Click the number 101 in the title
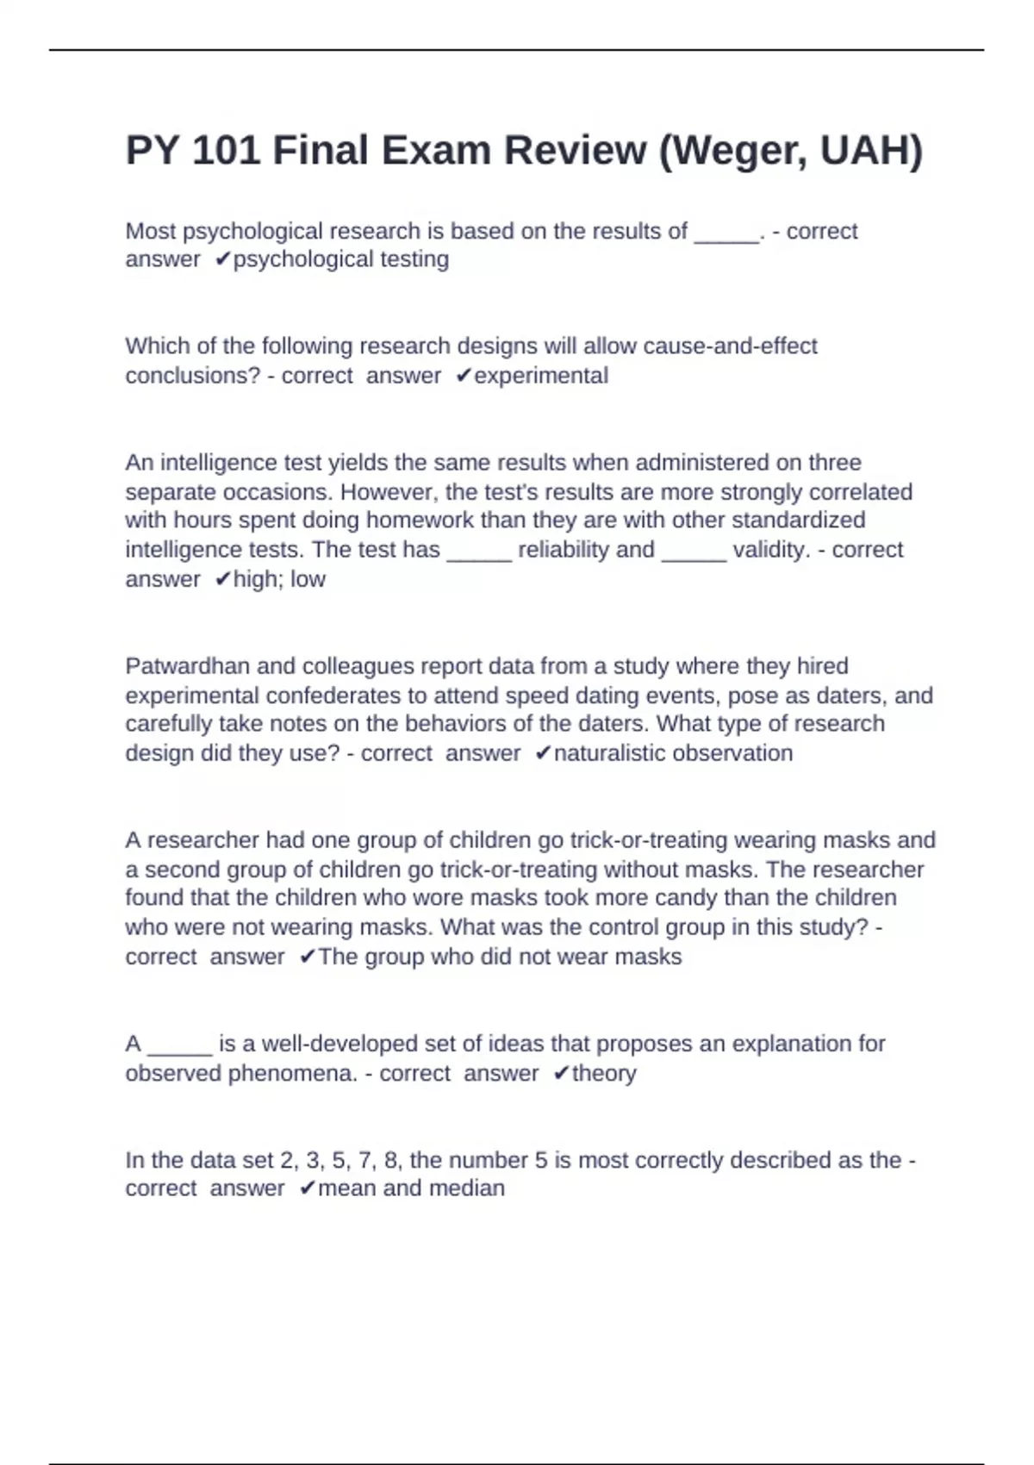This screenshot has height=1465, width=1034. pos(226,151)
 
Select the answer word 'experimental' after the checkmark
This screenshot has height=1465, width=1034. pos(541,376)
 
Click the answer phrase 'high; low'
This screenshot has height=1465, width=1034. pos(279,579)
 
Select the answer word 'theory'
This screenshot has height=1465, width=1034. pos(604,1074)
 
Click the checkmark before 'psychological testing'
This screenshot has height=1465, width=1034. pos(223,259)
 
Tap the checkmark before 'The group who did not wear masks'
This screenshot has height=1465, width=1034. pos(308,957)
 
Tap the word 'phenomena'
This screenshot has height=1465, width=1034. pos(289,1074)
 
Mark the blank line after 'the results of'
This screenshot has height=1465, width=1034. pos(726,233)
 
